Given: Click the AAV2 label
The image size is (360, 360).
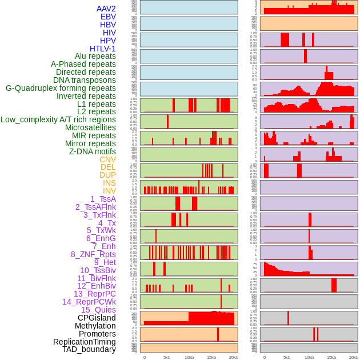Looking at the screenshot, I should point(106,9).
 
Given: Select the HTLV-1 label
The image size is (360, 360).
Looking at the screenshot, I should point(102,49).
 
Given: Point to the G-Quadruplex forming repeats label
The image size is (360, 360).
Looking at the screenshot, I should point(61,88).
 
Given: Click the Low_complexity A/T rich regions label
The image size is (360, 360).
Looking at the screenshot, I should point(58,119).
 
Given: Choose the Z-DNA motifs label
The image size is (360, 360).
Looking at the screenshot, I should point(92,151).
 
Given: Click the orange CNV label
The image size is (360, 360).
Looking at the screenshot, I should point(107,159).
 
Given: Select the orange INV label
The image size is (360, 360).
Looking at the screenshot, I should point(109,191).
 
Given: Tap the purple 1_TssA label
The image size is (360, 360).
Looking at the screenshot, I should point(103,199).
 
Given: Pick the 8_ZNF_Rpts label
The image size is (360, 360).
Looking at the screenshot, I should point(93,254).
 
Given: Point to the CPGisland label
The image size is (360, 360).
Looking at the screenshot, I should point(97,318).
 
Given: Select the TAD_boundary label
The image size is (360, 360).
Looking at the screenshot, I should point(89,349).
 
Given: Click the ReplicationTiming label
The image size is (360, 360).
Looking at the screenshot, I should point(84,342).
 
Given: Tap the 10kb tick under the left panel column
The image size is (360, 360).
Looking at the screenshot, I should point(189,357).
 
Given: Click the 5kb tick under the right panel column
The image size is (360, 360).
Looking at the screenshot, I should point(287,357).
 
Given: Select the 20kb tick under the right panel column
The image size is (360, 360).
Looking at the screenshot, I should point(354,357).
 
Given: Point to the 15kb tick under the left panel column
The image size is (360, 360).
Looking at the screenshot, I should point(211,357).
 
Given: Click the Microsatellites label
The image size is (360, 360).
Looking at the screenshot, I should point(90,127).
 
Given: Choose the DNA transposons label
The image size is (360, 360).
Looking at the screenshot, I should point(85,80).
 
